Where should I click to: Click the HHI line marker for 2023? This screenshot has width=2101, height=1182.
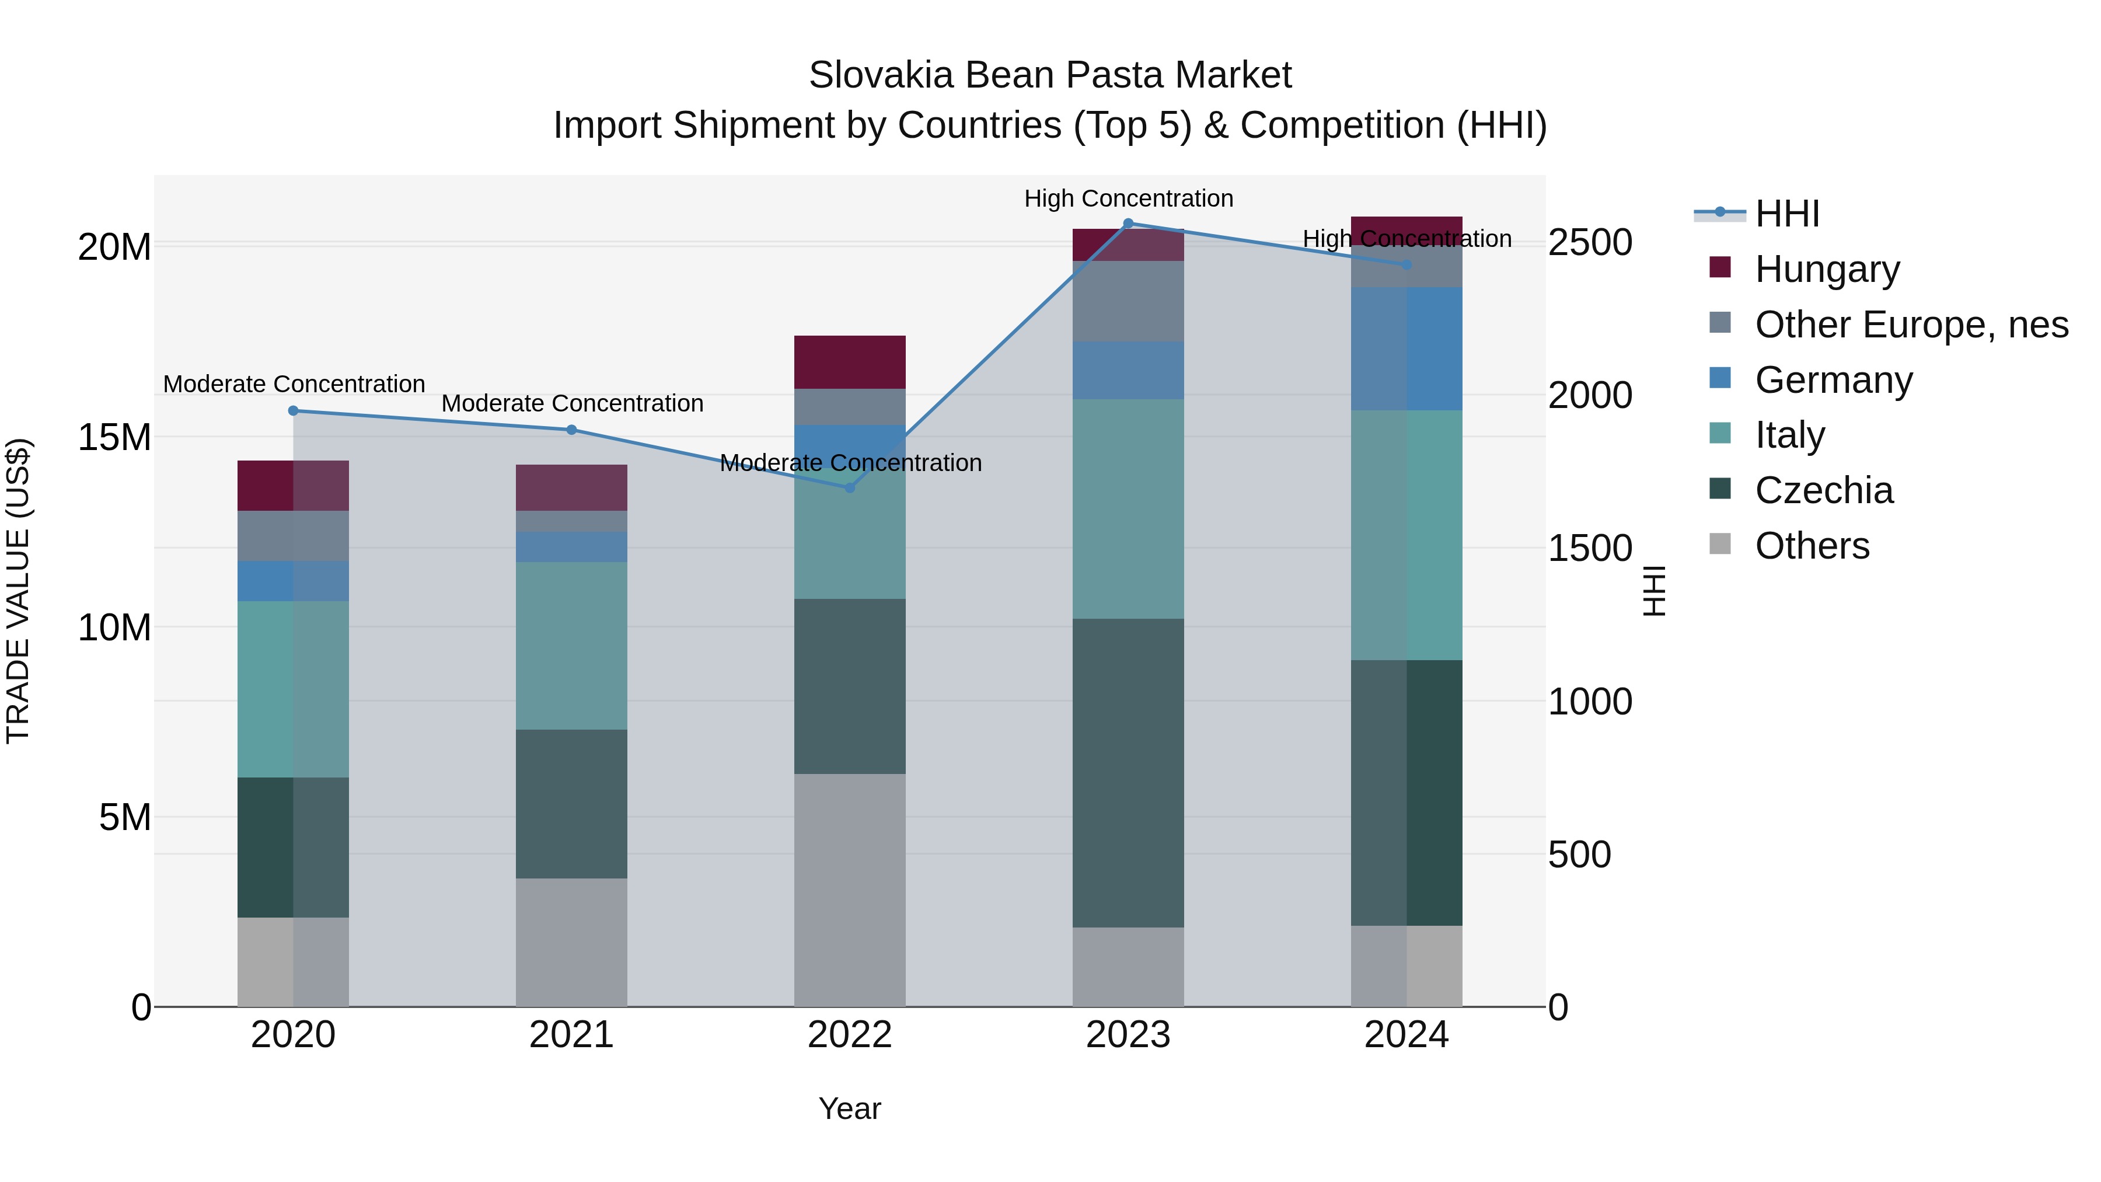click(x=1128, y=223)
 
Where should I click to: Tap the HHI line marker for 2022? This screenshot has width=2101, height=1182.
click(x=849, y=488)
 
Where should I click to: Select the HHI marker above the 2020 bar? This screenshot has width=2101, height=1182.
click(x=293, y=410)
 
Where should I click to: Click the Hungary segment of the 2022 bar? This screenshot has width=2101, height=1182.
click(x=849, y=362)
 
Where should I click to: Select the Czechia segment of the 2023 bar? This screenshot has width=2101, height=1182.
click(x=1128, y=772)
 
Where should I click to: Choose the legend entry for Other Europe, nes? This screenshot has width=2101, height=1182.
click(x=1911, y=325)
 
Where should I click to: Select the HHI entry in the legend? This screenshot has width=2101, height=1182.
click(x=1786, y=214)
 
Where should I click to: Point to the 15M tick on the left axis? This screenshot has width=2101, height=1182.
click(x=114, y=437)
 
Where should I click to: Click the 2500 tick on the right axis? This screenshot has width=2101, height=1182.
click(x=1590, y=243)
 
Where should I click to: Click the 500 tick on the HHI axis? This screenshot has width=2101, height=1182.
click(x=1579, y=855)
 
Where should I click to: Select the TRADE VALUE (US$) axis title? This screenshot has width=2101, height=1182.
click(x=18, y=591)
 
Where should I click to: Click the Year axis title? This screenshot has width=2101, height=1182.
click(x=849, y=1108)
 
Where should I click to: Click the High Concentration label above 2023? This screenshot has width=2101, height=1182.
click(x=1128, y=198)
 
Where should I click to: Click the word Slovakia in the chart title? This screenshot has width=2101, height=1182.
click(x=881, y=75)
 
